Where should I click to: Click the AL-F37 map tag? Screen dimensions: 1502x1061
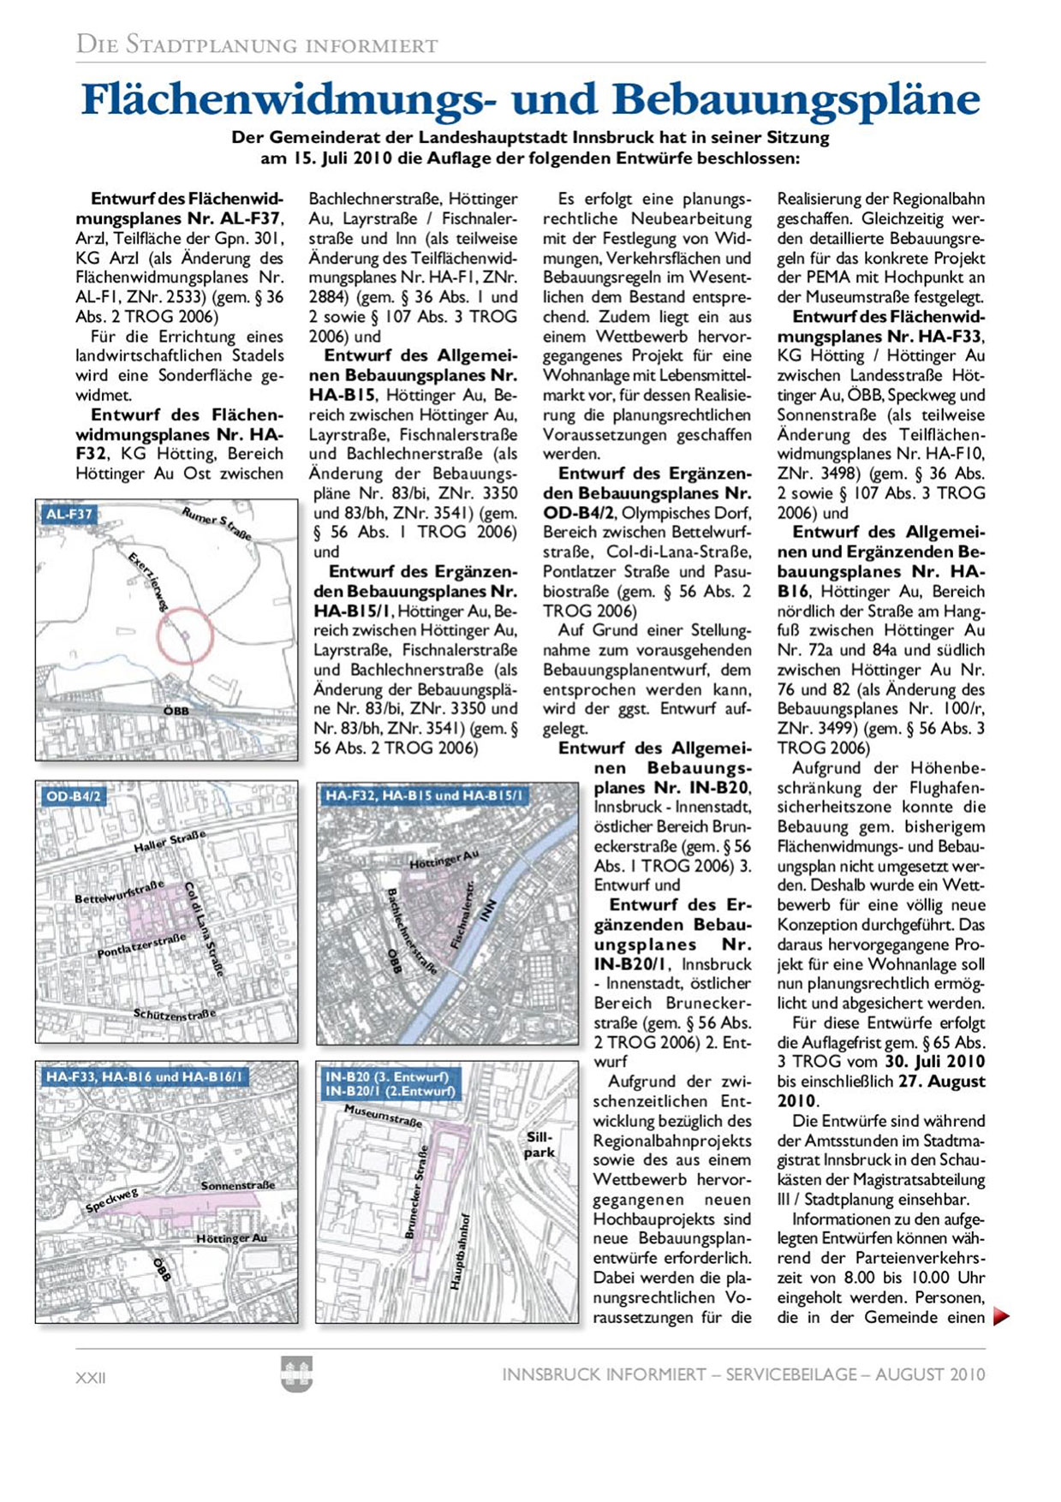tap(69, 514)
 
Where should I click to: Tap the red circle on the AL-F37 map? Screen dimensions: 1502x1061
tap(184, 635)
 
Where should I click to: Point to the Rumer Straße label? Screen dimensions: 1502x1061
tap(217, 522)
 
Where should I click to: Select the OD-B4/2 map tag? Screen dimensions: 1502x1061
tap(74, 796)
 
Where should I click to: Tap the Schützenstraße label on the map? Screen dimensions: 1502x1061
tap(175, 1015)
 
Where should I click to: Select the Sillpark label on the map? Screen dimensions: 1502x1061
tap(539, 1145)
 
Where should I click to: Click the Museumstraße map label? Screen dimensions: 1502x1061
tap(383, 1115)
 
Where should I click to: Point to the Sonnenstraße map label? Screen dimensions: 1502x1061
tap(237, 1186)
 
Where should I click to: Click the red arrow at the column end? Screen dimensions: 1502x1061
tap(1000, 1317)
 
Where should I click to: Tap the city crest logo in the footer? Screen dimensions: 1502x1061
tap(296, 1374)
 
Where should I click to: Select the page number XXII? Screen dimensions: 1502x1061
tap(91, 1378)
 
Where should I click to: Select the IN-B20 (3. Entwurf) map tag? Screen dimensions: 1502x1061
tap(386, 1076)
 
